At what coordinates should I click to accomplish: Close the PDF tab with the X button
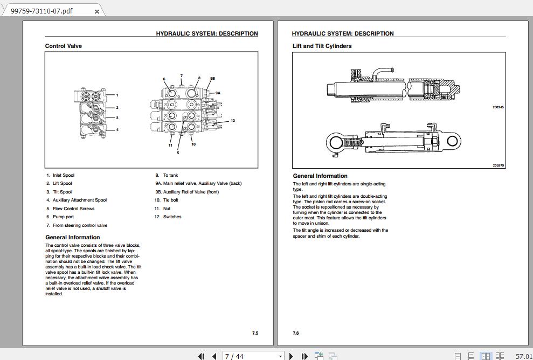coord(97,11)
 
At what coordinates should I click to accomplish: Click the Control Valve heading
coord(64,46)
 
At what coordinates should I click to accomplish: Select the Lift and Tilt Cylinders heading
coord(322,46)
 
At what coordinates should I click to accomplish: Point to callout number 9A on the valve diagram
coord(218,93)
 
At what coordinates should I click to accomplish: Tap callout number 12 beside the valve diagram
coord(233,121)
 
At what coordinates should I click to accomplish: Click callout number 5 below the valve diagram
coord(178,153)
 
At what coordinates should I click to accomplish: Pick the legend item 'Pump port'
coord(63,217)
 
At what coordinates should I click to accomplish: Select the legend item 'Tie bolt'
coord(170,200)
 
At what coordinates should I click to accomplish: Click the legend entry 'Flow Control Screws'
coord(73,209)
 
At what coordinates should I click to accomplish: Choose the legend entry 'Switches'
coord(172,217)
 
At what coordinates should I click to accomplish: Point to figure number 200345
coord(498,107)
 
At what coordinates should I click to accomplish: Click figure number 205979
coord(498,165)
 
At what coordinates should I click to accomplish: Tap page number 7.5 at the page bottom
coord(255,333)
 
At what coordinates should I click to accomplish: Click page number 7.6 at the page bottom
coord(296,333)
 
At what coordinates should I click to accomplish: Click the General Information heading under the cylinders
coord(320,176)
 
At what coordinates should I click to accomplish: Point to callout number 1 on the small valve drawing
coord(117,95)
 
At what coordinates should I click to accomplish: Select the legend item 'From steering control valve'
coord(80,225)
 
